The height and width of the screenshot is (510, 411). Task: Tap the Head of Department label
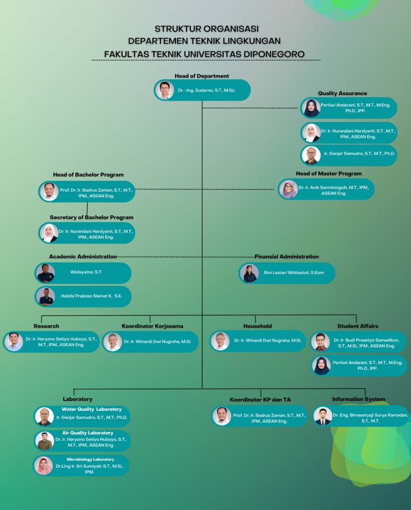[x=202, y=76]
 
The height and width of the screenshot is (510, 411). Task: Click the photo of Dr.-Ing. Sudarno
[x=164, y=91]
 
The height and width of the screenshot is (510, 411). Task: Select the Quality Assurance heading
[x=342, y=94]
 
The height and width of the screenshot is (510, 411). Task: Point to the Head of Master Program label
[x=329, y=174]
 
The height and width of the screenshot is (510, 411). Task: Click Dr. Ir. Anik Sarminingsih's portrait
[x=288, y=189]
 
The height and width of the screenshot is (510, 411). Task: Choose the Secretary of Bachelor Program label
[x=92, y=218]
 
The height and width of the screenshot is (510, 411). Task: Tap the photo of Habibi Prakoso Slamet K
[x=46, y=297]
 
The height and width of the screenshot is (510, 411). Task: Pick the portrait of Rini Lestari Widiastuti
[x=249, y=273]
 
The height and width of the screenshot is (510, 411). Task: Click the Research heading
[x=46, y=326]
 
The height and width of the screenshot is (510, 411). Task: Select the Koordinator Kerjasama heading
[x=152, y=326]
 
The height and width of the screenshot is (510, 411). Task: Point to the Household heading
[x=258, y=326]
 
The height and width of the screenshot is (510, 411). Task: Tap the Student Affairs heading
[x=357, y=326]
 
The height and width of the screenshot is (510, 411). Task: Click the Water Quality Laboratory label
[x=92, y=409]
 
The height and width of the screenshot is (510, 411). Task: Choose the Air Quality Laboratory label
[x=88, y=433]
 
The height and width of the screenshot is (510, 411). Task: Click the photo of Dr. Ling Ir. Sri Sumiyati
[x=44, y=465]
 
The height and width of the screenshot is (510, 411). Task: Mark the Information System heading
[x=359, y=399]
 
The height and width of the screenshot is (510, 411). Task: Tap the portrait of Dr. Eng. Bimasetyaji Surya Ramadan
[x=323, y=416]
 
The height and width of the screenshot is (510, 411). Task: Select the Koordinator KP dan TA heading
[x=261, y=400]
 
